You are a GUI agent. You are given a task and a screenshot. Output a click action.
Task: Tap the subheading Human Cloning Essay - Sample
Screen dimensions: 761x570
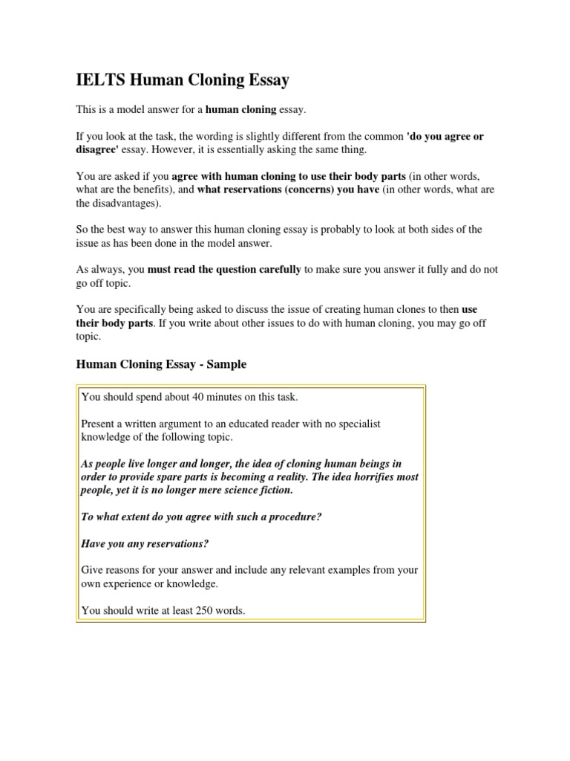click(162, 364)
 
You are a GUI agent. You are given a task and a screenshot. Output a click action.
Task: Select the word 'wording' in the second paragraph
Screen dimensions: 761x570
click(235, 137)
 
